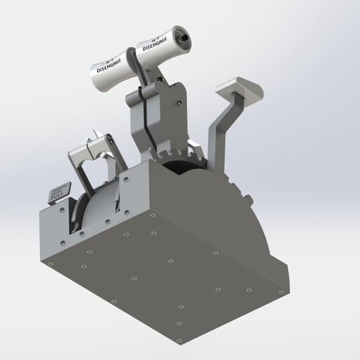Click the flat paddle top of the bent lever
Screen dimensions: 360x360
click(241, 89)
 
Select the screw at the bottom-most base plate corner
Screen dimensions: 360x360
click(179, 324)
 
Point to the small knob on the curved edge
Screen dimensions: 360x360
click(248, 199)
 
